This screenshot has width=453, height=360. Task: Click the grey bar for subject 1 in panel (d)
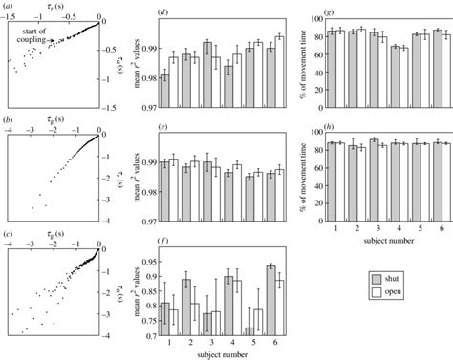(165, 90)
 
